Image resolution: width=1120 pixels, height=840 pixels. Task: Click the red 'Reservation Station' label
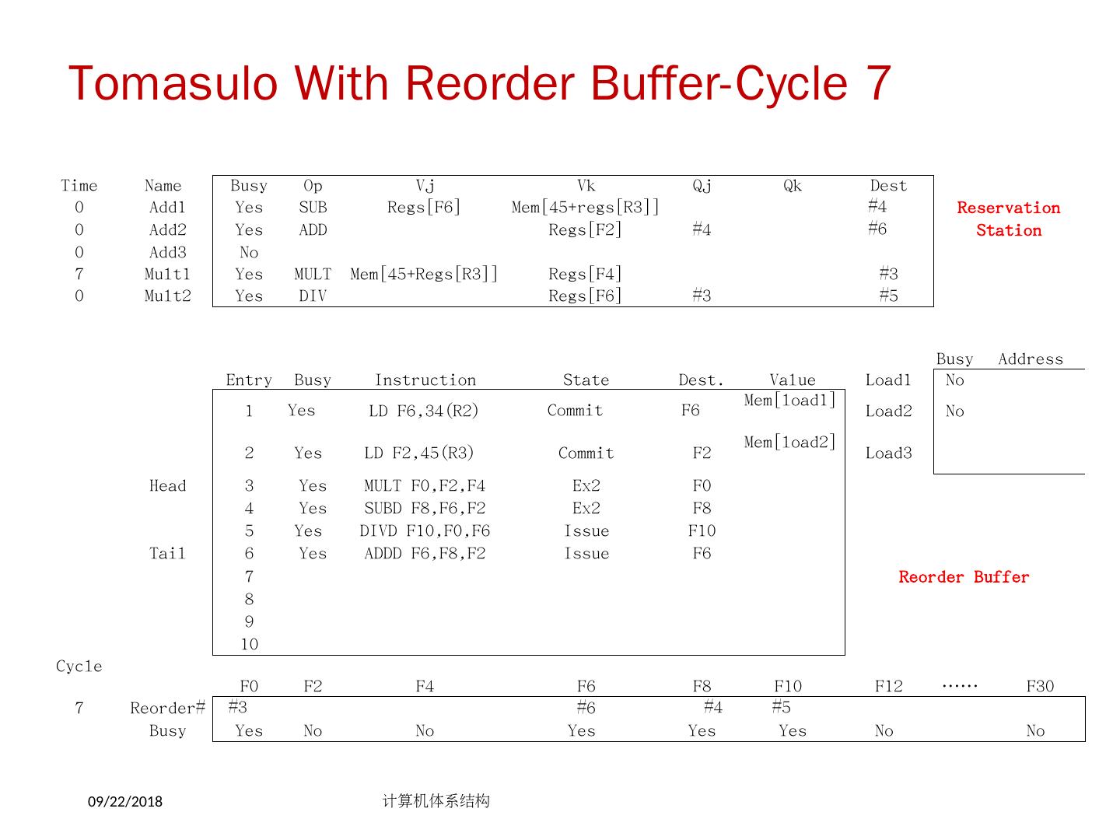pos(1008,219)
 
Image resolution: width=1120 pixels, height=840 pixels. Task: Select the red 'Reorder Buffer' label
pos(964,577)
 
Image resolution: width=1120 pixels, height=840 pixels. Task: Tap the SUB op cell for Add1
pos(313,208)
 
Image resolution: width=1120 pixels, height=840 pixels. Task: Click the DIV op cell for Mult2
pos(313,296)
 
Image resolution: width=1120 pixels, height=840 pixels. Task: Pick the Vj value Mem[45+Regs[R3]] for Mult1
pos(424,275)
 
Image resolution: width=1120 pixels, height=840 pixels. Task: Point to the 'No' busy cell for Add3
pos(249,253)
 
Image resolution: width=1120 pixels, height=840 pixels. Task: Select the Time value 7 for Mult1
pos(79,275)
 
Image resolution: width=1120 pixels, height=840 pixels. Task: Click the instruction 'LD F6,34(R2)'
pos(423,411)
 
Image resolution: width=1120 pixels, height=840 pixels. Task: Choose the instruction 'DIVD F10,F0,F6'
pos(425,531)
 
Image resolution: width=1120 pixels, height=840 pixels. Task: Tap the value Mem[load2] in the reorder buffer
pos(789,443)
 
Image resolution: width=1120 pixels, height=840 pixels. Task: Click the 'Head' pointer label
pos(167,486)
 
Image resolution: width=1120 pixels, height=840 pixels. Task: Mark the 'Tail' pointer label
pos(167,554)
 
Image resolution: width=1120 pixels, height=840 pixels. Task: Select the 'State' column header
pos(586,380)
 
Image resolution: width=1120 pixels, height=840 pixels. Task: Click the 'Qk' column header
pos(792,186)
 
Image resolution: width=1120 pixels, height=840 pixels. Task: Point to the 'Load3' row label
pos(888,453)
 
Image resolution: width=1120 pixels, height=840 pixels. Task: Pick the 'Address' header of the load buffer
pos(1030,359)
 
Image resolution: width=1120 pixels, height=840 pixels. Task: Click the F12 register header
pos(888,687)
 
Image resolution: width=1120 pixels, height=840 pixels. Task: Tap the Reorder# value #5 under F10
pos(781,707)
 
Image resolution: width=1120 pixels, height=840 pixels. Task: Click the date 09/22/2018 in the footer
pos(125,802)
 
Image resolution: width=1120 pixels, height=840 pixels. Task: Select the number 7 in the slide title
pos(877,83)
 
